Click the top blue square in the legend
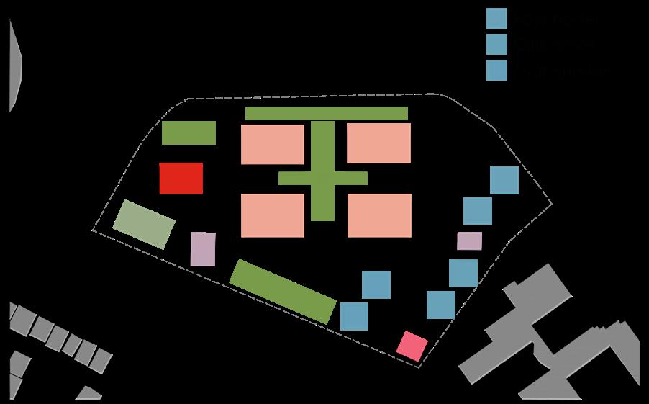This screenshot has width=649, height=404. (x=496, y=19)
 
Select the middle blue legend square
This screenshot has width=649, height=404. (x=496, y=45)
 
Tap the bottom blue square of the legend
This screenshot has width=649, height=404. (x=496, y=70)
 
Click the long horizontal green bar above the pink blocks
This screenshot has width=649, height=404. (x=327, y=113)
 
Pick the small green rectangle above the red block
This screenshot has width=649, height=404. (x=189, y=133)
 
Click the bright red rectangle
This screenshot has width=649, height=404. (x=181, y=178)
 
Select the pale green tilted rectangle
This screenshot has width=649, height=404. (x=144, y=224)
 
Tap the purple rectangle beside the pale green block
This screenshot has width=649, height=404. (x=203, y=249)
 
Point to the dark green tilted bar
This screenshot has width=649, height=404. (x=283, y=291)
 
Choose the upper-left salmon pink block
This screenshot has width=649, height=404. (x=273, y=144)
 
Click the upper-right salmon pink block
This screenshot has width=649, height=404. (x=378, y=143)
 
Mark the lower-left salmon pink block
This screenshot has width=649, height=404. (x=273, y=215)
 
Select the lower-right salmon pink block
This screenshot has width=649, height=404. (x=379, y=215)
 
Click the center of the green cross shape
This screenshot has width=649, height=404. (x=323, y=178)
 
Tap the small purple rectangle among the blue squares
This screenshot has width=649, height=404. (x=469, y=241)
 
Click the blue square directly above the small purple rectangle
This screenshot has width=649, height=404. (x=477, y=211)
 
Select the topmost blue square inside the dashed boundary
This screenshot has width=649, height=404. (x=504, y=180)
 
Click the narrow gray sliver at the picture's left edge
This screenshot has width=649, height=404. (x=14, y=65)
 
